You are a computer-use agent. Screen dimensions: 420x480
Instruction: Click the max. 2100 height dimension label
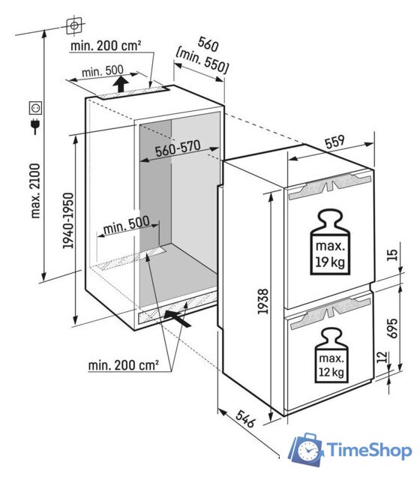(x=35, y=190)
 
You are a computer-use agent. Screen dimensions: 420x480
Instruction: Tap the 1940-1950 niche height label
(x=68, y=220)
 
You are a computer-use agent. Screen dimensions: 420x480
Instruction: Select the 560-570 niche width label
(x=178, y=148)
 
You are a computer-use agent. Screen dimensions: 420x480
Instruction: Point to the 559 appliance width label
(x=334, y=142)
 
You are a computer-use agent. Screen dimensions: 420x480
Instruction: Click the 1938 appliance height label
(x=262, y=301)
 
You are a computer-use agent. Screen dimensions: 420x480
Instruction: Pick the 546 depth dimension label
(x=245, y=418)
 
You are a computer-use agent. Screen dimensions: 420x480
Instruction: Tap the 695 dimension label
(x=392, y=328)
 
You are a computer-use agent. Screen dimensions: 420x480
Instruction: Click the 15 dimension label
(x=392, y=255)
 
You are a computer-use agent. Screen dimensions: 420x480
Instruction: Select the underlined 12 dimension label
(x=382, y=357)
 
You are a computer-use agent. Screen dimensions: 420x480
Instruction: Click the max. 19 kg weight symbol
(x=330, y=242)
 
